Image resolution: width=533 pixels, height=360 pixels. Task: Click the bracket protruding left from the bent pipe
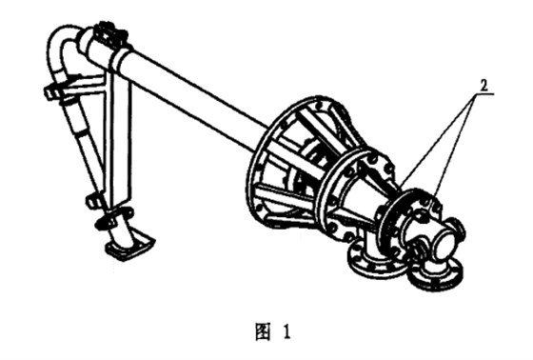pos(57,92)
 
